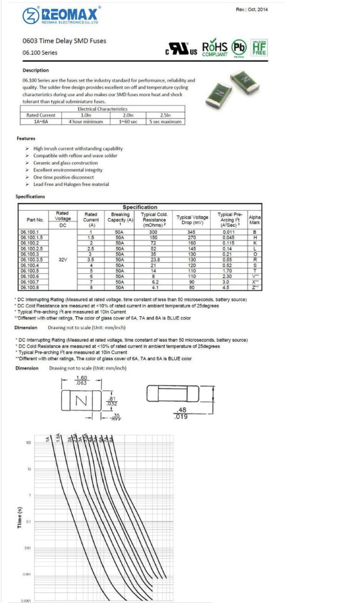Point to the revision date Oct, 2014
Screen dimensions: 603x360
tap(252, 10)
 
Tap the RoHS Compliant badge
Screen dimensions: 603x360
tap(215, 49)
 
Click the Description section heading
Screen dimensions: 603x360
tap(36, 70)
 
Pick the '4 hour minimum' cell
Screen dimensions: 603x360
tap(86, 121)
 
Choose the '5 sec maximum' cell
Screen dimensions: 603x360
tap(165, 121)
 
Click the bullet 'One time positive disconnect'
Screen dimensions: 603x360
tap(64, 177)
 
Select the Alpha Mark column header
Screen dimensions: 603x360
tap(254, 220)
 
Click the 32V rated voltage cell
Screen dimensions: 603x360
tap(63, 259)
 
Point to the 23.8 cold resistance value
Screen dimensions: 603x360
tap(154, 259)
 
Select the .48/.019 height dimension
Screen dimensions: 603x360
tap(181, 413)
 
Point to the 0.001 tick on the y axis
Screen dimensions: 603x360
tap(27, 575)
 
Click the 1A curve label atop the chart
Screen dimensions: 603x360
tap(48, 439)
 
